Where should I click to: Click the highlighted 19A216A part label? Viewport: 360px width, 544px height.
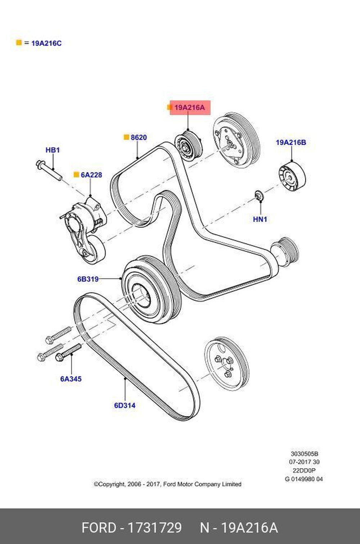[x=189, y=107]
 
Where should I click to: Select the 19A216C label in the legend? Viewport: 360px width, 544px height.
[x=46, y=43]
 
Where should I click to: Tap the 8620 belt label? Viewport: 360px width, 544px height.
[x=139, y=137]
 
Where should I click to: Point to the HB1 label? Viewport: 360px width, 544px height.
[x=53, y=150]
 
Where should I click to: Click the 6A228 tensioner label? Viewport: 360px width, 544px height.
[x=91, y=175]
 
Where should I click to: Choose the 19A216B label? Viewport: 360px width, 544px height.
[x=291, y=142]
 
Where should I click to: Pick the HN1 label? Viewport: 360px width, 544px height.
[x=260, y=219]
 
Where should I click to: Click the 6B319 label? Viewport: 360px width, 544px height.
[x=88, y=279]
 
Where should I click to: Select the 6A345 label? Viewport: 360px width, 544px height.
[x=71, y=379]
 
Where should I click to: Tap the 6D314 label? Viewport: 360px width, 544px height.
[x=125, y=405]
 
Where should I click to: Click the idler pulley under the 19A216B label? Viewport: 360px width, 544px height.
[x=292, y=177]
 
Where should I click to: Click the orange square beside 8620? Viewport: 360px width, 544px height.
[x=126, y=137]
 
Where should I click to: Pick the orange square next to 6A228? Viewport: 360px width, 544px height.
[x=76, y=174]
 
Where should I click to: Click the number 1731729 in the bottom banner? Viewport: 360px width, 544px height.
[x=155, y=527]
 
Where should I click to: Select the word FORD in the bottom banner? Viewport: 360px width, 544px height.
[x=99, y=527]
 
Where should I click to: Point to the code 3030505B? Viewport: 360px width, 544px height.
[x=304, y=454]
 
